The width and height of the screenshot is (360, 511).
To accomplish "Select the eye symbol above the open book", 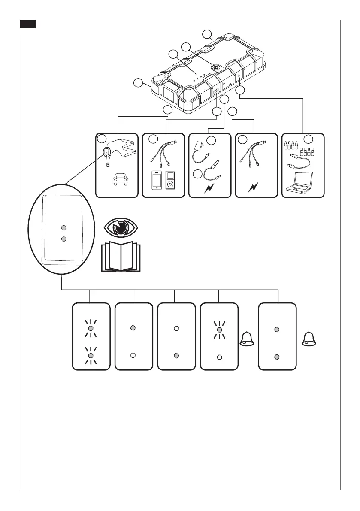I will tap(121, 227).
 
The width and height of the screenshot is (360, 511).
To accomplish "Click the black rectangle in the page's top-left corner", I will tap(28, 24).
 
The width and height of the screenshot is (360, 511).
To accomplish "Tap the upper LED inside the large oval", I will tap(63, 227).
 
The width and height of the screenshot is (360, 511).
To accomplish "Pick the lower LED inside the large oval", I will tap(63, 239).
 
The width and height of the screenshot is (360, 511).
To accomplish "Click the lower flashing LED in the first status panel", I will tap(90, 356).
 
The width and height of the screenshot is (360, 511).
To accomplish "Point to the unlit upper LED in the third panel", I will tap(176, 329).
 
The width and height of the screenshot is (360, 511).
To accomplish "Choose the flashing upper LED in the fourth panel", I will tap(219, 329).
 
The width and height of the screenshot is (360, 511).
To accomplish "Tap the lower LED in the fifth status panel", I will tap(277, 356).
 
